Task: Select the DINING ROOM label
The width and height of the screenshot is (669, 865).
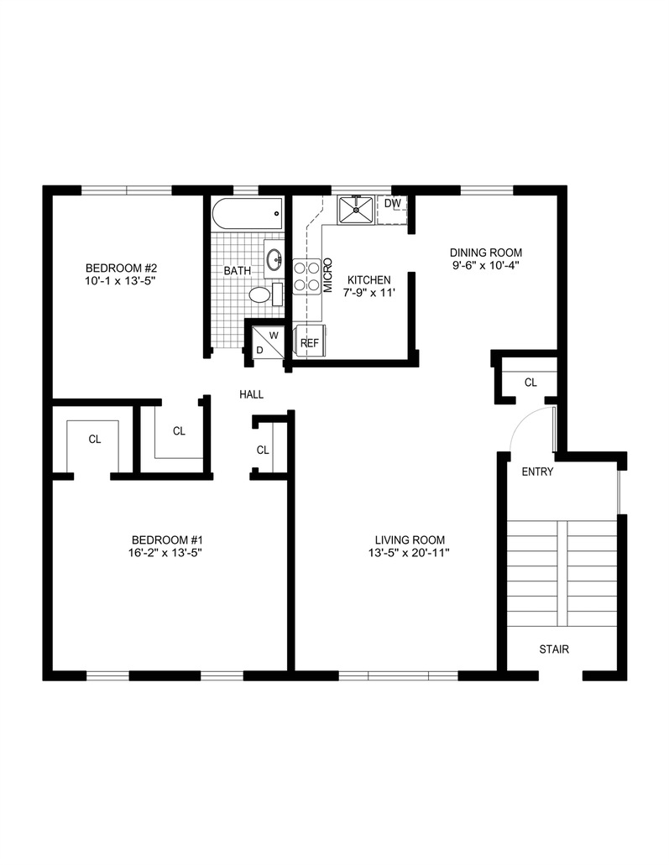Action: [486, 253]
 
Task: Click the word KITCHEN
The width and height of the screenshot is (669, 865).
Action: [369, 279]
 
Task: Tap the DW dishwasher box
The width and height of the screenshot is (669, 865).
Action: [392, 204]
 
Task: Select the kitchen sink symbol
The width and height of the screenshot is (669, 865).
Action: [357, 210]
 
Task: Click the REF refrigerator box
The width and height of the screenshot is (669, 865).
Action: [310, 343]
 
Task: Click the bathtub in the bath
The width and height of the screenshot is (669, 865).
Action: [248, 214]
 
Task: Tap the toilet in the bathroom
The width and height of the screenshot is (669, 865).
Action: [261, 295]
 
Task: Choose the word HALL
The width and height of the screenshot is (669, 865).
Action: [252, 394]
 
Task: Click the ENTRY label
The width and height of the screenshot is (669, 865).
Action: [537, 472]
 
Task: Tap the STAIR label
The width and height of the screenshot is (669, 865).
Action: [554, 649]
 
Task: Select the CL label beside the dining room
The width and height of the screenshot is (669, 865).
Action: [530, 383]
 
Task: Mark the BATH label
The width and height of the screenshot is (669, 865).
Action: [237, 271]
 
